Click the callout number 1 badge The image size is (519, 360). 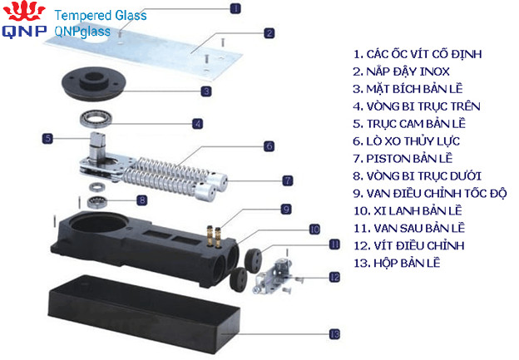coord(235,8)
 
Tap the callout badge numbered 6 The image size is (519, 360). coord(269,146)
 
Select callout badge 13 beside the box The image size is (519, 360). coord(334,334)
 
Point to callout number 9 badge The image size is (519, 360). coord(286,210)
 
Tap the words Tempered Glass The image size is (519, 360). coord(101,15)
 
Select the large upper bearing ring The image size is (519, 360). coord(96,119)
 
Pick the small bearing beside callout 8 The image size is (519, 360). coord(97,200)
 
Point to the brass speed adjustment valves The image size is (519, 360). coord(214,236)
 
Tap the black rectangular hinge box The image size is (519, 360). coord(143,314)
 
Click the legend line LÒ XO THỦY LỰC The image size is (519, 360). coord(407,141)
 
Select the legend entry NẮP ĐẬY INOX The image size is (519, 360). coord(401,72)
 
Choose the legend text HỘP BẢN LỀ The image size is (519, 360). coord(397,263)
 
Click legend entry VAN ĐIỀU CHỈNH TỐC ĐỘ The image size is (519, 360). coord(430,193)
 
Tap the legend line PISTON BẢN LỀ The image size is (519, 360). coord(403,159)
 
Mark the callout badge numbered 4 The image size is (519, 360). coord(198,124)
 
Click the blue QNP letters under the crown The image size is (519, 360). coord(24,31)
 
